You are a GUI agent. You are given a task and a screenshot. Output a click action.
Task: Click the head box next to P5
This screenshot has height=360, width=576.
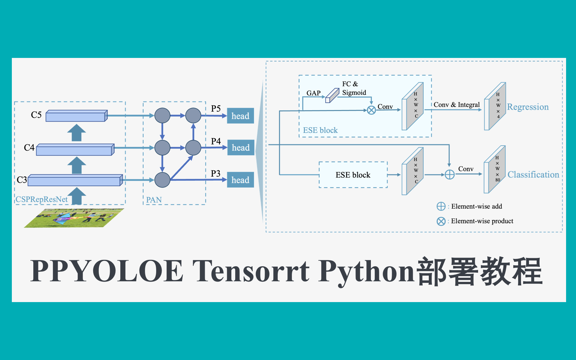[240, 116]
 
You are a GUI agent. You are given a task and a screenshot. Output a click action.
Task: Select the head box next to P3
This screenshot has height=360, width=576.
[240, 180]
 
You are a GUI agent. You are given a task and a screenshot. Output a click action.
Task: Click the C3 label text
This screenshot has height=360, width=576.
[22, 180]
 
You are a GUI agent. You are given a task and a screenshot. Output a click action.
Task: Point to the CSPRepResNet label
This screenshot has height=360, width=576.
[42, 199]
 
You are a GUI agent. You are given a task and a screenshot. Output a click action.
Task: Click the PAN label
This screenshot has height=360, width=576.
[154, 200]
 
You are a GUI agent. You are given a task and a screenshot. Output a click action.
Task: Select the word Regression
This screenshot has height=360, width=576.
[528, 107]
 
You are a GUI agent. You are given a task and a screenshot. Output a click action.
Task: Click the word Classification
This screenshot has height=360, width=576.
[533, 175]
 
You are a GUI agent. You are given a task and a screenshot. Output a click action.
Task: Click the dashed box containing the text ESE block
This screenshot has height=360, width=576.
[353, 175]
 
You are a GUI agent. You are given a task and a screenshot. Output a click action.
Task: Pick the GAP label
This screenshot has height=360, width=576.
[313, 93]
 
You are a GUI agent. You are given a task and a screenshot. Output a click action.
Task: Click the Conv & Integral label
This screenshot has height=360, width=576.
[457, 105]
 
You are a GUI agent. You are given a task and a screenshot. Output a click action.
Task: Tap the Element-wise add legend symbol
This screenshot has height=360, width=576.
[441, 206]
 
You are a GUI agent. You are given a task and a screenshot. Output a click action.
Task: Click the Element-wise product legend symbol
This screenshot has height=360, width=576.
[441, 221]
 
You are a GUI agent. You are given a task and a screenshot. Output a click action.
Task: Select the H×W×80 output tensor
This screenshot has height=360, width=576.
[495, 170]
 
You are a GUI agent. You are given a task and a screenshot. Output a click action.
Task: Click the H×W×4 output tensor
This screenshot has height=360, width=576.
[495, 106]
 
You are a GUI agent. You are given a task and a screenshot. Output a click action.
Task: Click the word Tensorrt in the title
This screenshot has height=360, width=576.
[251, 271]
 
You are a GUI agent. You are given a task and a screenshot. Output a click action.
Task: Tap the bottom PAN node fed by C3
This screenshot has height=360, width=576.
[162, 180]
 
